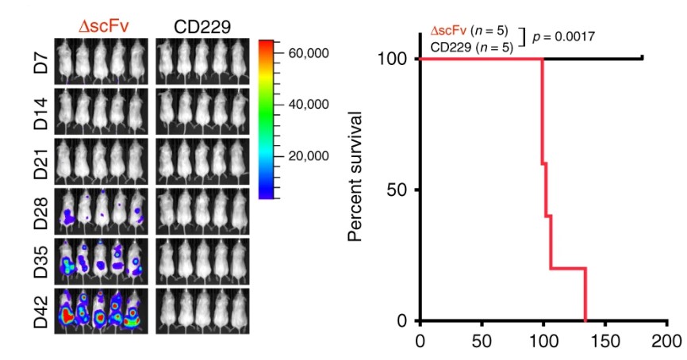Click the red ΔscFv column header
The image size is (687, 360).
click(103, 25)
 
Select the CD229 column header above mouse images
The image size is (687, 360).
click(202, 25)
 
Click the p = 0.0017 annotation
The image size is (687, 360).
click(563, 36)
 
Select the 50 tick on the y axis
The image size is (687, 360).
click(401, 190)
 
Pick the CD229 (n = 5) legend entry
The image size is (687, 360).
click(471, 48)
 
